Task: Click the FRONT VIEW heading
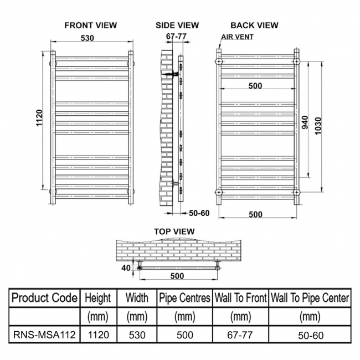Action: [91, 25]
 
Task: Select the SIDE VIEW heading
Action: [177, 25]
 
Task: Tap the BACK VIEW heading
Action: [254, 25]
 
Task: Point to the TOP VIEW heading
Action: [174, 232]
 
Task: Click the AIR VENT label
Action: [238, 37]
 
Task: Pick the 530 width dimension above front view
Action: [88, 38]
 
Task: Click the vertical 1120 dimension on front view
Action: [39, 118]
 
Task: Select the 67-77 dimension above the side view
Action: [176, 36]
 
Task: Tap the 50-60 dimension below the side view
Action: [199, 213]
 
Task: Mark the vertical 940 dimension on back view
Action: [305, 122]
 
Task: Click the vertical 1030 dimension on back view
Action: [318, 126]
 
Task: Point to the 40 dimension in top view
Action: [126, 268]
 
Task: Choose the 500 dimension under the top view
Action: [177, 276]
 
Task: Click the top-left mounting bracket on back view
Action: [219, 61]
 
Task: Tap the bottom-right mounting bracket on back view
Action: [297, 192]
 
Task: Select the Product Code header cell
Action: [44, 298]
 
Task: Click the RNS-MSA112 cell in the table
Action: [44, 335]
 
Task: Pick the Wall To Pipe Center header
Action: [310, 298]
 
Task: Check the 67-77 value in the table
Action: [240, 335]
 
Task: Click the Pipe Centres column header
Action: [184, 298]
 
